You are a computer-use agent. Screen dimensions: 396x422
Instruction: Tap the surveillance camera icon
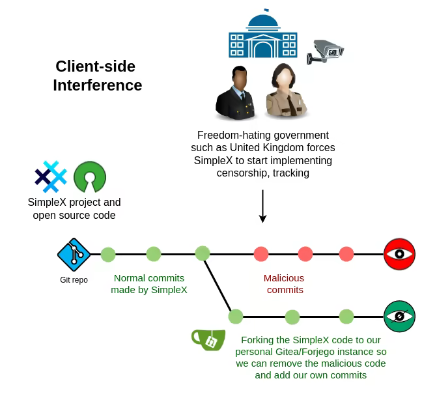tap(325, 51)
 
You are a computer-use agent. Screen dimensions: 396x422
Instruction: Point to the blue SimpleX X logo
tap(51, 177)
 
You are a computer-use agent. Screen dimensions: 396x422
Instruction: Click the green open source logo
tap(90, 177)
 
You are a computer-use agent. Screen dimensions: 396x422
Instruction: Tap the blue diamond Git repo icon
tap(73, 254)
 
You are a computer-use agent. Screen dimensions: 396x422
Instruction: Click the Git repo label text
tap(74, 280)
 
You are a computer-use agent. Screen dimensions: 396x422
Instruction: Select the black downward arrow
tap(262, 206)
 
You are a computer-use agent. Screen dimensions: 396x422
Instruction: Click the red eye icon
tap(399, 254)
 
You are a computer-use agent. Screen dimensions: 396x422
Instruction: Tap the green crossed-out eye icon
tap(399, 317)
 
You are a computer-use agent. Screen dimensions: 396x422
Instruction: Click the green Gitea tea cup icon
tap(208, 339)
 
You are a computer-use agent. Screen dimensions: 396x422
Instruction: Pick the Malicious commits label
tap(284, 284)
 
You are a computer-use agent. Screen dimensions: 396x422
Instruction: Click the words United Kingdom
tap(276, 148)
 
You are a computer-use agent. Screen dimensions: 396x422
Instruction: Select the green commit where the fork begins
tap(203, 253)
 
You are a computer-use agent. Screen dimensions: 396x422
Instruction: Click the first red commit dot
tap(261, 254)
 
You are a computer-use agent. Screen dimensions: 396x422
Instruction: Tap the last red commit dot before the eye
tap(346, 254)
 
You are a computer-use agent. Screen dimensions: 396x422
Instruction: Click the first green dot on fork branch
tap(236, 317)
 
